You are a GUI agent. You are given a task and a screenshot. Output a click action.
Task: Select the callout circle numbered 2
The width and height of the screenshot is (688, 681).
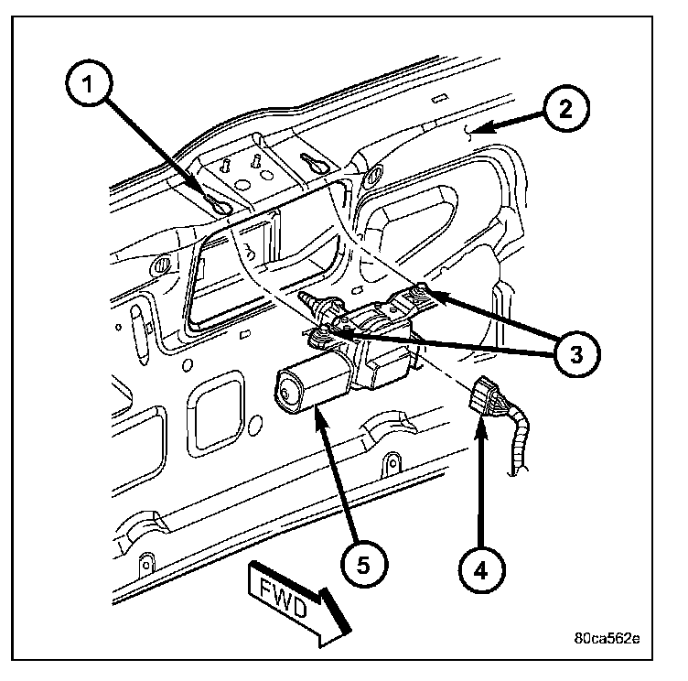[x=565, y=109]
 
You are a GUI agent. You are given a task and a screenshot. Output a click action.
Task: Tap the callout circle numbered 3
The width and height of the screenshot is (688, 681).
[x=572, y=351]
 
